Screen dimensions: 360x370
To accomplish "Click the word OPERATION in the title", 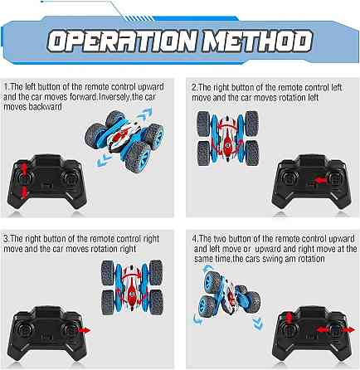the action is [x=123, y=41].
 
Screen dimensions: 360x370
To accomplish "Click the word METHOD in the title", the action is [x=257, y=41].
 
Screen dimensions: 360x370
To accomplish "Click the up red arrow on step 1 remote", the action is [x=24, y=168].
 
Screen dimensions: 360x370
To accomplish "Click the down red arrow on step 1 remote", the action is [x=24, y=192].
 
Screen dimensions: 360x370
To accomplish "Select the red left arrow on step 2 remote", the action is [x=319, y=181].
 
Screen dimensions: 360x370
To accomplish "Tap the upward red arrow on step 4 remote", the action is [x=288, y=319].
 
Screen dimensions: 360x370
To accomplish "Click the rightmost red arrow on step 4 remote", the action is [x=349, y=329].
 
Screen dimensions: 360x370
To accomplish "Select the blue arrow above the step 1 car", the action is [x=144, y=114].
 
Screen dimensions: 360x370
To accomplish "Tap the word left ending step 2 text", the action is [x=314, y=97].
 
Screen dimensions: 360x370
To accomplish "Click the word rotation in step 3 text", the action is [x=104, y=249].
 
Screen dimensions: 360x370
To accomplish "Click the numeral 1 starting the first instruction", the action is [x=6, y=87].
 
